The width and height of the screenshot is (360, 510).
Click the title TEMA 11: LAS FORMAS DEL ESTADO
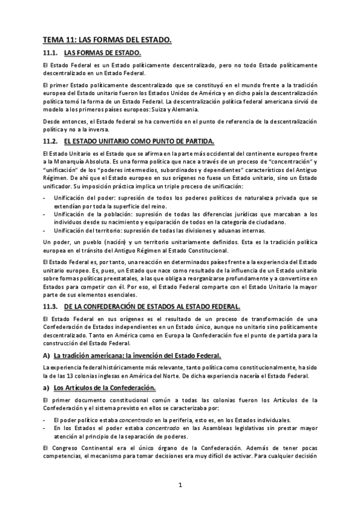[107, 40]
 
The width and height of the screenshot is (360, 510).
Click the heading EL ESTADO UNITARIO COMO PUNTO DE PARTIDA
[138, 141]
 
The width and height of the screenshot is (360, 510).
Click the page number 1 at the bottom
[180, 485]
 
